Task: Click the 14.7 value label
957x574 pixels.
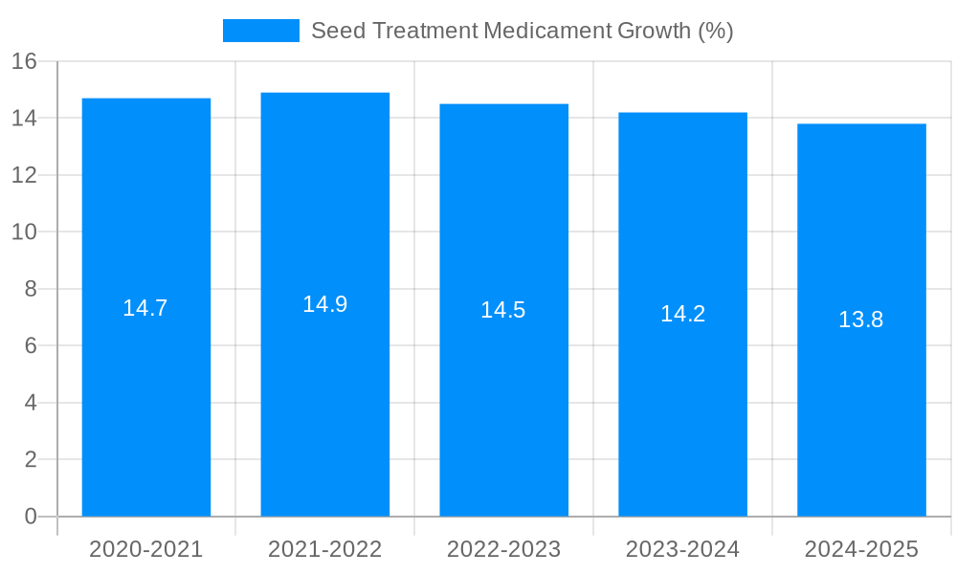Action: [x=145, y=308]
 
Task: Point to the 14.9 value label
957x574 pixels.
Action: [x=325, y=304]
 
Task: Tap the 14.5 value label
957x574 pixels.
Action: [x=503, y=310]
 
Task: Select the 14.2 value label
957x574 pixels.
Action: [x=683, y=314]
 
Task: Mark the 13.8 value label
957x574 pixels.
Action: [x=861, y=320]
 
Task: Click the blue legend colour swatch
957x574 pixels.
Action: [x=261, y=31]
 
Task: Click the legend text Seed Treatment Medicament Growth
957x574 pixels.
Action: [x=523, y=31]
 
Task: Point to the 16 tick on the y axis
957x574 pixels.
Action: [x=24, y=61]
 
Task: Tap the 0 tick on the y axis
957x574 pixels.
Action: [x=31, y=517]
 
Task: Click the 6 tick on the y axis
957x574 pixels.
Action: [x=31, y=345]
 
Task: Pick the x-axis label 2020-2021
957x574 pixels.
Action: [x=146, y=549]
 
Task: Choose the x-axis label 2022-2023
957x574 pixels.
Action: [x=504, y=549]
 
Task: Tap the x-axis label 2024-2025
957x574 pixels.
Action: [x=861, y=549]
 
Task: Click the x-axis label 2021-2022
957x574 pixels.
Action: [x=325, y=549]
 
